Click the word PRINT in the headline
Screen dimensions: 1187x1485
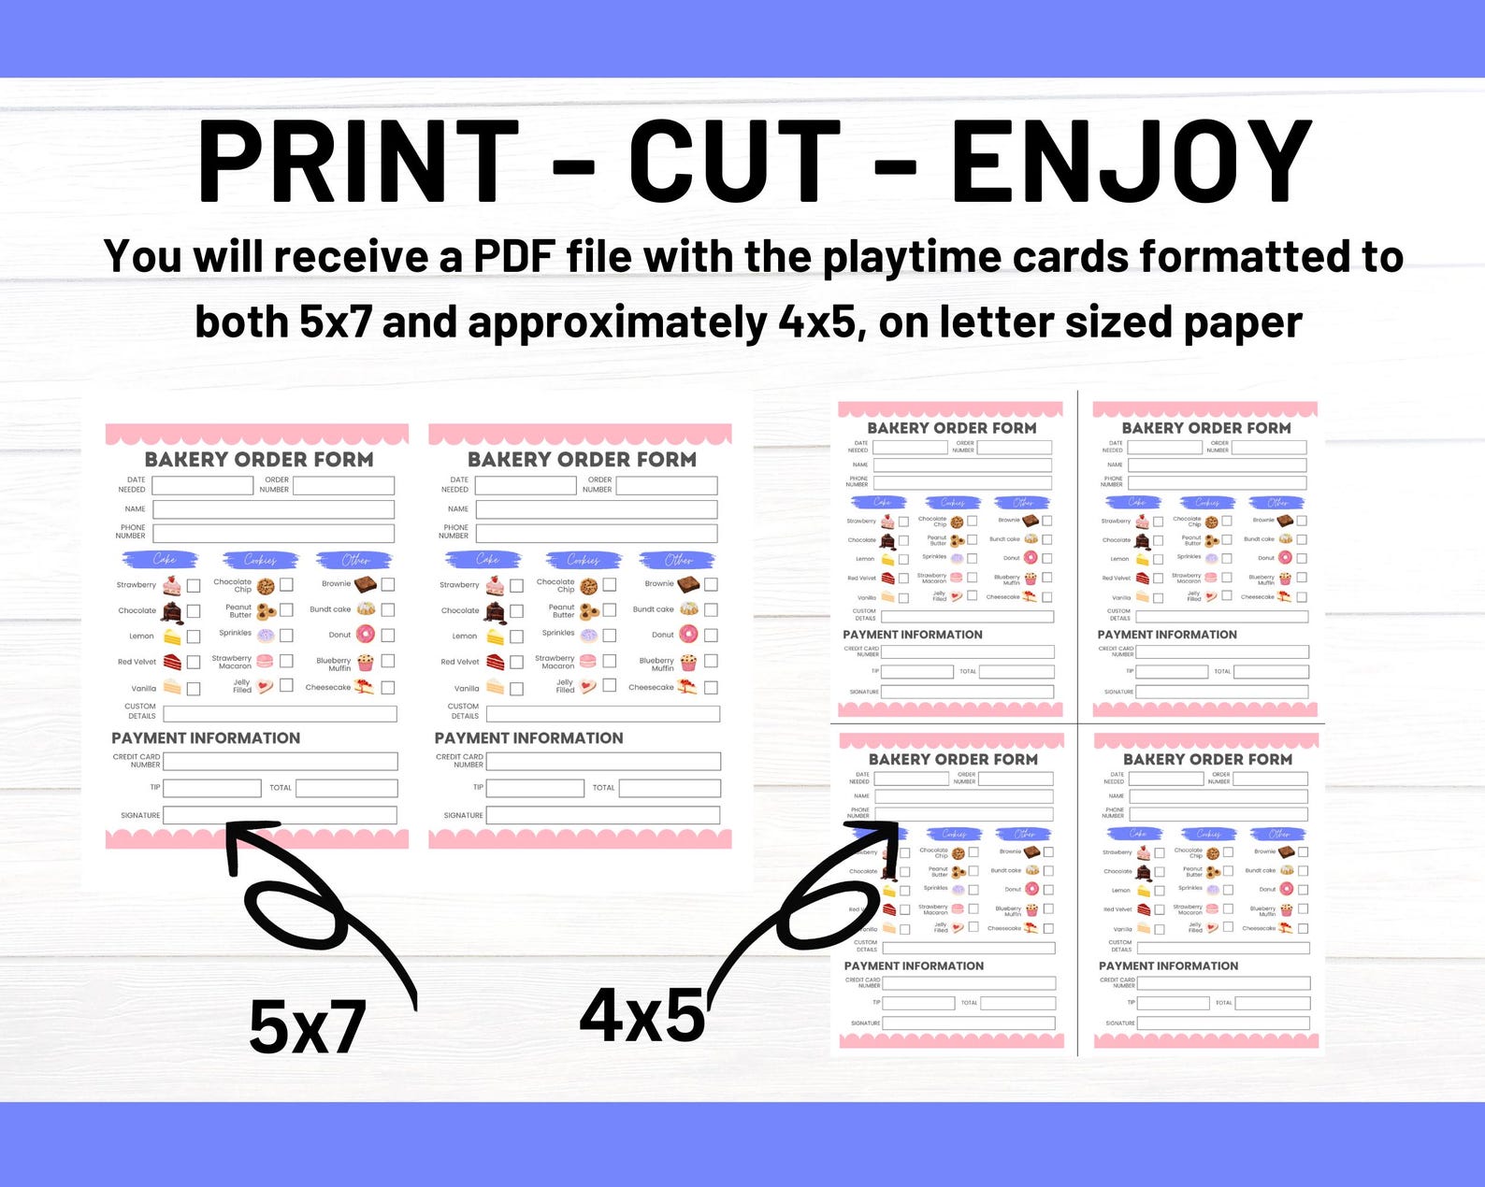tap(358, 161)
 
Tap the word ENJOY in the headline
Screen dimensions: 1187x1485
tap(1132, 161)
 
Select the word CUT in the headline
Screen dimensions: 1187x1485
tap(734, 161)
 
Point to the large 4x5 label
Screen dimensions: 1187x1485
tap(642, 1017)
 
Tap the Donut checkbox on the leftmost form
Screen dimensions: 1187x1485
tap(387, 635)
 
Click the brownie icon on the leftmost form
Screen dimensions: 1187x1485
tap(365, 584)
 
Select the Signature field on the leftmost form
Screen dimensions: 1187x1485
tap(280, 815)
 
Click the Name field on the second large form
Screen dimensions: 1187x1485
tap(596, 509)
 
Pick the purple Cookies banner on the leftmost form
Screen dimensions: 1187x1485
tap(260, 560)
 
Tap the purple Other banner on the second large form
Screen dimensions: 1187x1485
tap(679, 560)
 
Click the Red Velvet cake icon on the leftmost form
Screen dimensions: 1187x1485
tap(173, 662)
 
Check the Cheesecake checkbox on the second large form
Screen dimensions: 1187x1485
tap(711, 687)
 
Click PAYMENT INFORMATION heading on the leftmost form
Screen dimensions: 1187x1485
tap(206, 738)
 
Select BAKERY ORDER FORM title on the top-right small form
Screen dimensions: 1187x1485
tap(1206, 428)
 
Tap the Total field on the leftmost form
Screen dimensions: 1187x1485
tap(346, 788)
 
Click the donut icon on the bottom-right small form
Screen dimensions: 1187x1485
tap(1287, 889)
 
